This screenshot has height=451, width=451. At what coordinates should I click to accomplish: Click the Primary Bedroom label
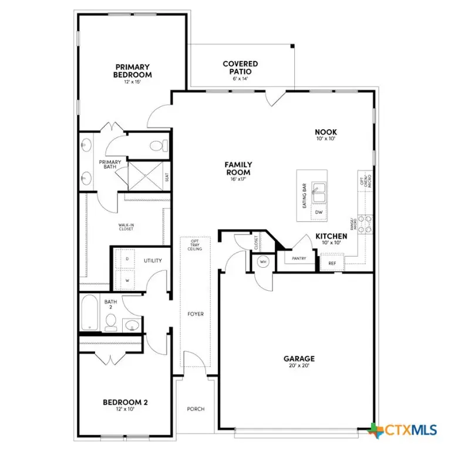pos(133,72)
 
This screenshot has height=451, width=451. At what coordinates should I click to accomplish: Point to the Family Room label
pos(238,169)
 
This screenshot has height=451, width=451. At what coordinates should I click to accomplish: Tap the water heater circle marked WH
pos(262,262)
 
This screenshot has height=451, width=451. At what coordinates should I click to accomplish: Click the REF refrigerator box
pos(332,264)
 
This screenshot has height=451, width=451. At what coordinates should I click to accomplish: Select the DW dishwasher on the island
pos(319,212)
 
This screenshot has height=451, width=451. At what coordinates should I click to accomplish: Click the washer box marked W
pos(127,280)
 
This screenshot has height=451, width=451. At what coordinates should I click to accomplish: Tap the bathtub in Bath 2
pos(90,312)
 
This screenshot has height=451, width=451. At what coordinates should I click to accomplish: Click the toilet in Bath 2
pos(110,321)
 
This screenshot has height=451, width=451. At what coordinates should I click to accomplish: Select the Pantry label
pos(299,258)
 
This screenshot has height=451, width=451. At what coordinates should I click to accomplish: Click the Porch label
pos(196,409)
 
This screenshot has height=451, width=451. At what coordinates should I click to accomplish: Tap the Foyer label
pos(196,314)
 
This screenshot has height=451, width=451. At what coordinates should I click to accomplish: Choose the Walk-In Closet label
pos(126,225)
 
